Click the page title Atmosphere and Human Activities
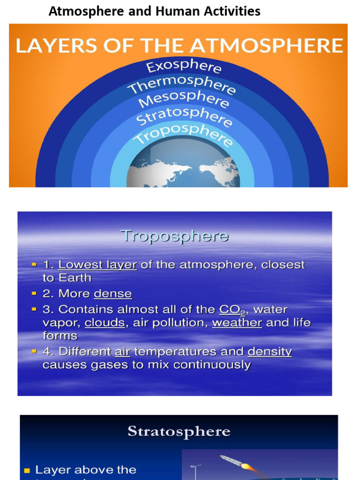155,11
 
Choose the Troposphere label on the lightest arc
183,134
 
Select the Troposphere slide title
174,235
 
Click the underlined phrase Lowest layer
97,265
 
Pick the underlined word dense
112,294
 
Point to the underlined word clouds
105,323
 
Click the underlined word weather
237,323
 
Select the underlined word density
270,352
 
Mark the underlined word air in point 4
122,352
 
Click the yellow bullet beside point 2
33,293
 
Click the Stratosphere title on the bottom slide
179,431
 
